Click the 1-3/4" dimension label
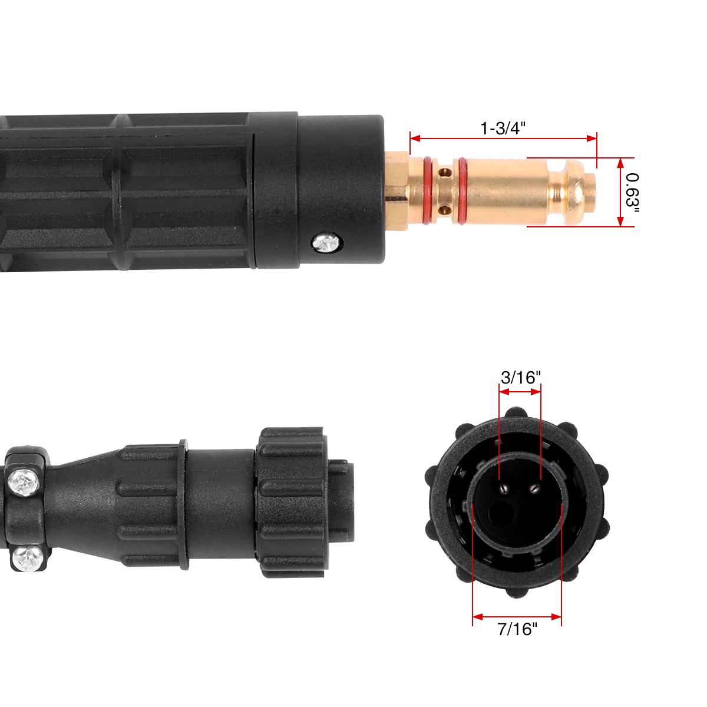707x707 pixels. [x=503, y=128]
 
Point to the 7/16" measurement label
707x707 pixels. [x=518, y=629]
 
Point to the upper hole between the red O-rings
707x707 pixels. [x=445, y=173]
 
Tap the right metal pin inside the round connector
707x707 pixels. [x=534, y=487]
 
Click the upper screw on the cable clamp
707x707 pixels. [x=25, y=483]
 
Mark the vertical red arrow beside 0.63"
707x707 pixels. [x=620, y=192]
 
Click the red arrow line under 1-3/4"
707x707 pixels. [x=503, y=138]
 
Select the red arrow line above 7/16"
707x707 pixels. [x=517, y=617]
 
